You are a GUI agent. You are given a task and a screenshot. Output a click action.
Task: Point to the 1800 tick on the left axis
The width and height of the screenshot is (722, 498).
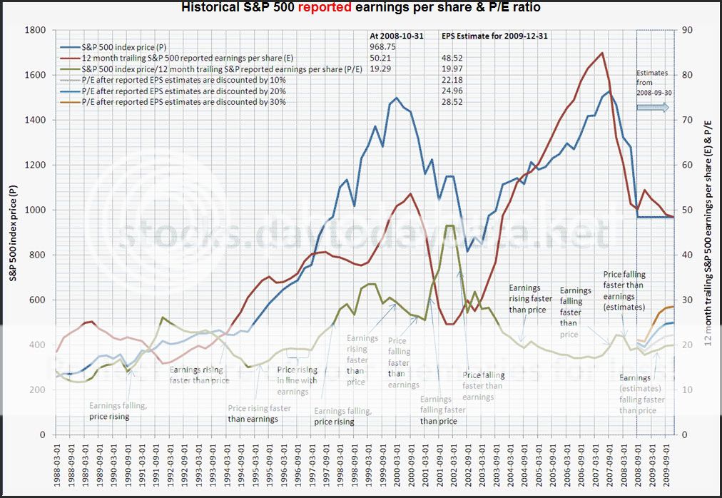pyautogui.click(x=36, y=30)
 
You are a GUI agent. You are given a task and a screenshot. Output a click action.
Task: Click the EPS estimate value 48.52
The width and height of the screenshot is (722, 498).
pyautogui.click(x=453, y=57)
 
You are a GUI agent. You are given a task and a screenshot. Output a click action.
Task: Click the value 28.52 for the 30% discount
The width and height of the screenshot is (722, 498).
pyautogui.click(x=453, y=102)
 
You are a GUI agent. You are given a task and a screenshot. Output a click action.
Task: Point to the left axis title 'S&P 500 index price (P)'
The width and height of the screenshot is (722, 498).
pyautogui.click(x=14, y=232)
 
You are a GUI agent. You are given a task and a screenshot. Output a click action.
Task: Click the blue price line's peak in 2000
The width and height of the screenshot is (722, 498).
pyautogui.click(x=396, y=98)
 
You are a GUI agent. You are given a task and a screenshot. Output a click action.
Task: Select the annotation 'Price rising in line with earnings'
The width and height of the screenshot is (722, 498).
pyautogui.click(x=298, y=381)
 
